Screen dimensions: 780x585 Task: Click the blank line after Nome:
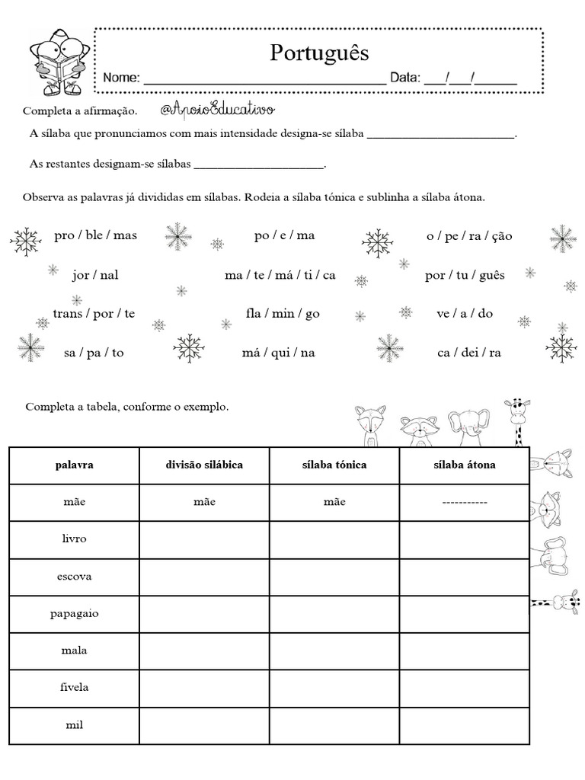[264, 78]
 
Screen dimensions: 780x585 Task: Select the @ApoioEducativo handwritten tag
[217, 110]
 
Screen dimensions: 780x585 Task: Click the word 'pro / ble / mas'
[96, 235]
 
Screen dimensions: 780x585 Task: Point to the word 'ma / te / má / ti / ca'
[280, 275]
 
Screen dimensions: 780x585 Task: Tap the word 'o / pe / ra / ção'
[469, 235]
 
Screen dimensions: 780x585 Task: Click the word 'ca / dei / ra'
[469, 353]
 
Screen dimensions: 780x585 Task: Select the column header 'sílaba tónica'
[334, 465]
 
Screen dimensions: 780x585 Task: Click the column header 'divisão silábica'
[204, 465]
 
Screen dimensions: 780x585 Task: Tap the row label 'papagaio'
[74, 613]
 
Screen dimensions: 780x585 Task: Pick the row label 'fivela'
[74, 687]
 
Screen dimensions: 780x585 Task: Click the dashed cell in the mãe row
[464, 502]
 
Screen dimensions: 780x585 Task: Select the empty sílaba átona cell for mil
[464, 724]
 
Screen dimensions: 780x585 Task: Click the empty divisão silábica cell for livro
[204, 539]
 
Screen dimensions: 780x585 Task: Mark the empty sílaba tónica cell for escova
[334, 577]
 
